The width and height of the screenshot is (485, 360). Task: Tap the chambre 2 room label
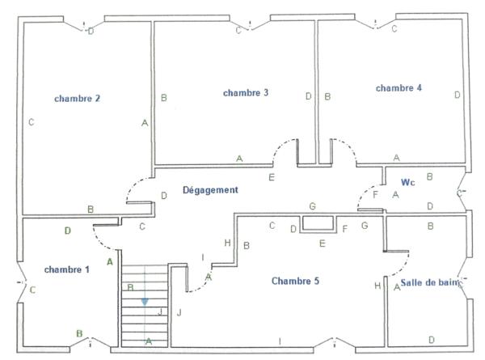(77, 99)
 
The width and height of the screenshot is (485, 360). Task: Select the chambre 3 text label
(246, 93)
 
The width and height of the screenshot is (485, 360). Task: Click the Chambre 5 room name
(295, 281)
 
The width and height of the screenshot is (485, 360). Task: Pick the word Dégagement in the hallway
(210, 190)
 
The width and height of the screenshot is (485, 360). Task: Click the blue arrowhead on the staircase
(145, 302)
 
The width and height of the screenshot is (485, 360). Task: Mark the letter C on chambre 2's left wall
(30, 123)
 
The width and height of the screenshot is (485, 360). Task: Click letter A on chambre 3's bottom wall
(239, 159)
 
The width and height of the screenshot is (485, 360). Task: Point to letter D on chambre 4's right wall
(457, 95)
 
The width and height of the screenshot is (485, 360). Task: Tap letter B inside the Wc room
(429, 176)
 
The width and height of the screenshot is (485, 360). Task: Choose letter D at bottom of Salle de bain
(431, 339)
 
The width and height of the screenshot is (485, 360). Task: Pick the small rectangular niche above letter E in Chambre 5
(317, 224)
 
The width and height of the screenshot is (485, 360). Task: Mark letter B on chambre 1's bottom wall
(79, 332)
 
